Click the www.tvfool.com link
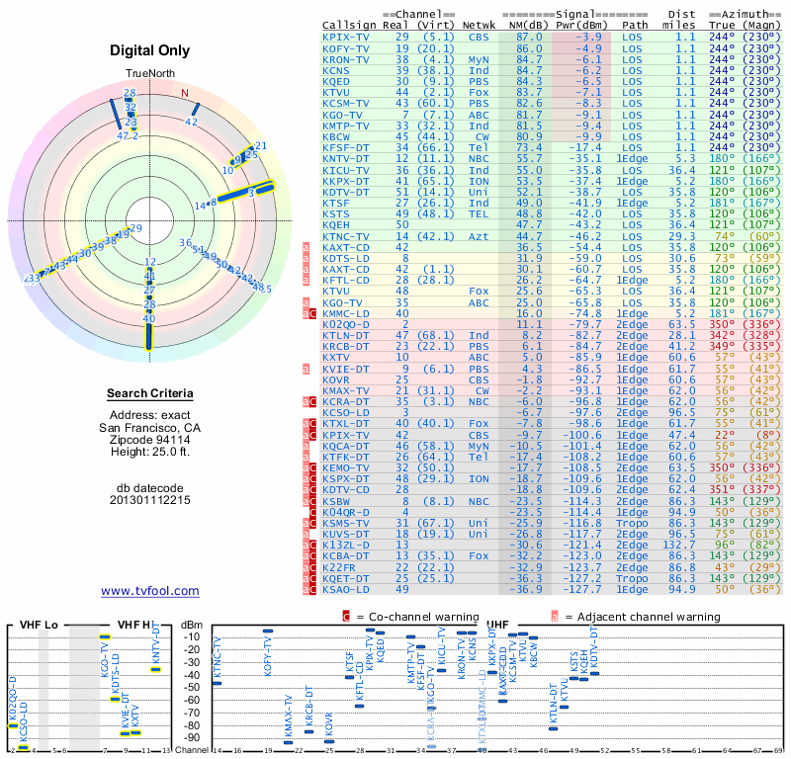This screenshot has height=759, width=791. click(x=149, y=591)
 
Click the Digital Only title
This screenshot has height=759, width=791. click(x=149, y=50)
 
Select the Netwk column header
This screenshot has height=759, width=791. click(x=480, y=24)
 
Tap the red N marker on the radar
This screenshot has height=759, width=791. click(x=184, y=93)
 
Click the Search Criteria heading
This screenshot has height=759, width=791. click(x=149, y=394)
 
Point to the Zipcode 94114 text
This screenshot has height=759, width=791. click(x=149, y=440)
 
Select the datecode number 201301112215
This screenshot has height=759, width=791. click(x=149, y=500)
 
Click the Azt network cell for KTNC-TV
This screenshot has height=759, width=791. click(x=479, y=236)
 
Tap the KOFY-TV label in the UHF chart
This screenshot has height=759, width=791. click(x=268, y=657)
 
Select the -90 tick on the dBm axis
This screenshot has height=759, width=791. click(x=193, y=737)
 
